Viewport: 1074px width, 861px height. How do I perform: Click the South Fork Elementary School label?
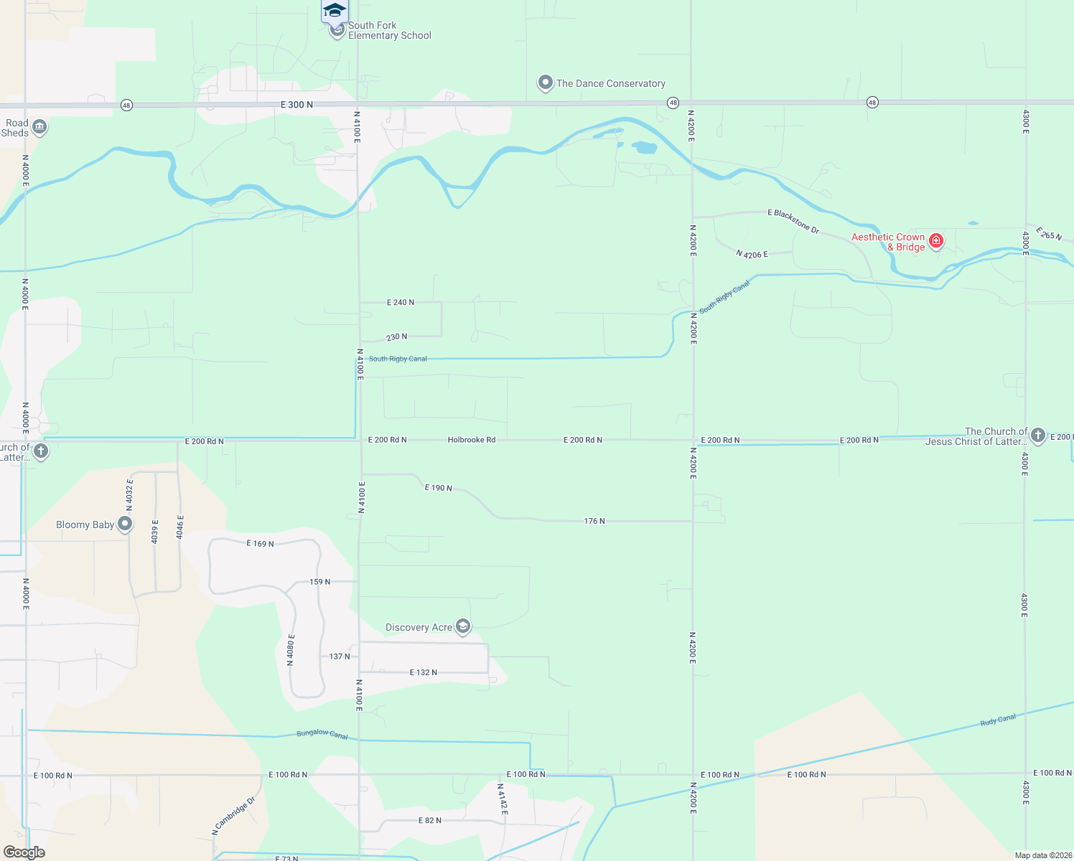tap(389, 30)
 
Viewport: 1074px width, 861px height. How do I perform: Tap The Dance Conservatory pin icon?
tap(546, 83)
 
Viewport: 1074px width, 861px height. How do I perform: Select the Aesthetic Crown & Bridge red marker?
tap(936, 241)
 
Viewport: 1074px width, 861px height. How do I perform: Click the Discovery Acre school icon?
tap(463, 627)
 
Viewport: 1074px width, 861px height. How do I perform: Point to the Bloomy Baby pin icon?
tap(125, 524)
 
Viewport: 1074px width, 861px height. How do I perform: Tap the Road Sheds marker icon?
tap(39, 128)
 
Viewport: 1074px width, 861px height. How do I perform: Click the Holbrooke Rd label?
tap(472, 440)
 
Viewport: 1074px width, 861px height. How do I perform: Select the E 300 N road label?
tap(296, 105)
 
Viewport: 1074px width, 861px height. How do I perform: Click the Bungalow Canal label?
tap(322, 734)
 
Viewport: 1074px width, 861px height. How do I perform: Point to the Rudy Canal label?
tap(998, 720)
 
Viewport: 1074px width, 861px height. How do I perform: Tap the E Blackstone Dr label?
tap(793, 221)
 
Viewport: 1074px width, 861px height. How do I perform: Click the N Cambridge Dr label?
tap(234, 817)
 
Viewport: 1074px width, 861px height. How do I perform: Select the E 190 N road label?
tap(438, 488)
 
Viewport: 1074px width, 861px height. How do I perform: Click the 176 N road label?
tap(594, 521)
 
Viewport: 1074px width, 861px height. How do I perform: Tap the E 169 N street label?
tap(260, 544)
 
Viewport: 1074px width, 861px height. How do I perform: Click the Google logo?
tap(24, 852)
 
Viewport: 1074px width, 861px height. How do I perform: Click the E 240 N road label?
tap(401, 303)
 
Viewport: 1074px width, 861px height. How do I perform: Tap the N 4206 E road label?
tap(752, 254)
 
